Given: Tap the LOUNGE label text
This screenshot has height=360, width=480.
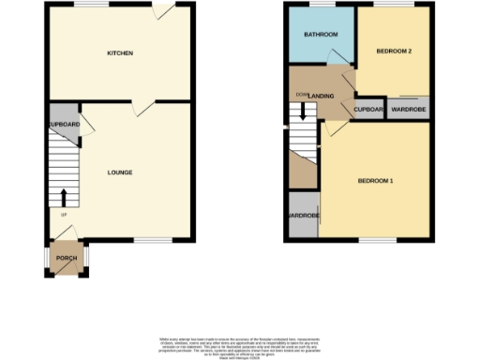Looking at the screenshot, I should click(x=119, y=172).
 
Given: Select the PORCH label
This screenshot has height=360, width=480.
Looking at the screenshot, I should click(x=66, y=258).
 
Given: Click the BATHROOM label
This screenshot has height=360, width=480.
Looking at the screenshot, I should click(x=322, y=35).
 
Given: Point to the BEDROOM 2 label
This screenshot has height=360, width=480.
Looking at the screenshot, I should click(x=394, y=51).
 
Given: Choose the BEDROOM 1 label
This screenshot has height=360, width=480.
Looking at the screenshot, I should click(x=374, y=180).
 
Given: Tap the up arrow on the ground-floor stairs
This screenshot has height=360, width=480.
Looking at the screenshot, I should click(x=64, y=198).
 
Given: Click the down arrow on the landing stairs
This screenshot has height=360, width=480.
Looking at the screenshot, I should click(x=303, y=110).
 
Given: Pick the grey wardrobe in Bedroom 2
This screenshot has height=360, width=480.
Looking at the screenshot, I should click(x=409, y=110).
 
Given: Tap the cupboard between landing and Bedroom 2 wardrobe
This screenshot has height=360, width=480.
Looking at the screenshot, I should click(x=367, y=110).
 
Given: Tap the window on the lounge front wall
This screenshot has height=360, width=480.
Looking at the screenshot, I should click(x=144, y=241).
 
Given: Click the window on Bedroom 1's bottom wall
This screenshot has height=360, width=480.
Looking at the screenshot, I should click(x=374, y=241).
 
